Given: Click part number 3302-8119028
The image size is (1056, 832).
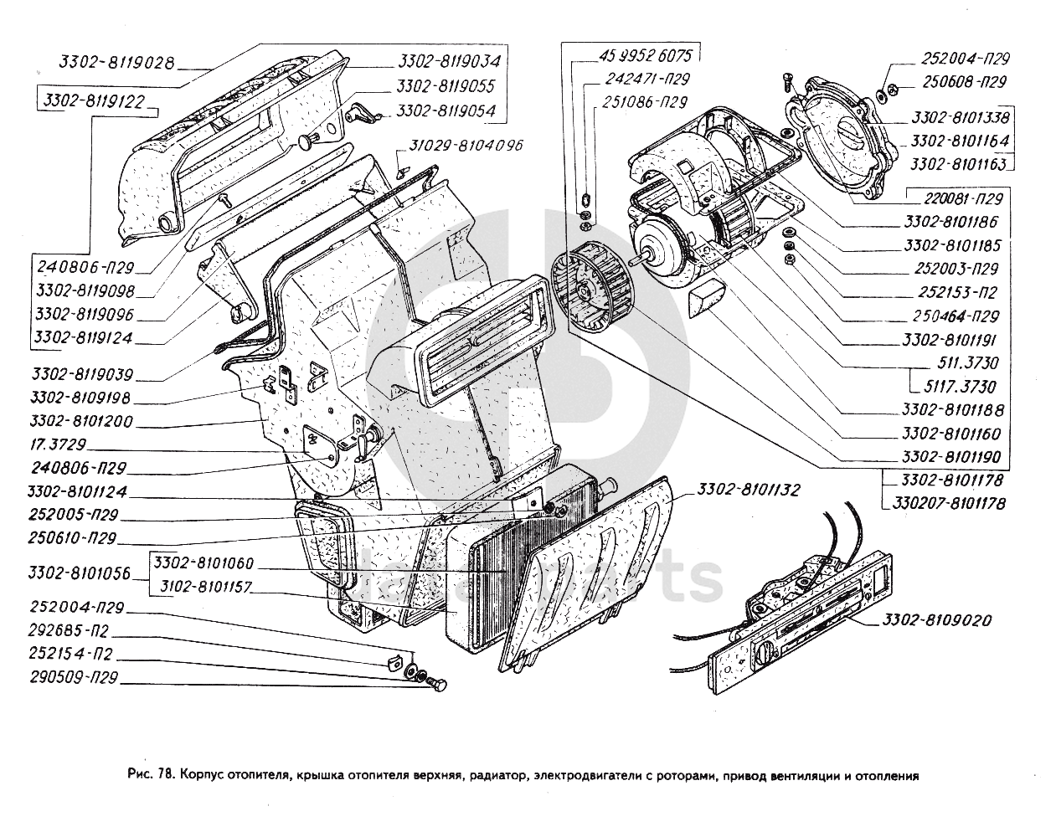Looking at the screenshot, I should coord(116,62).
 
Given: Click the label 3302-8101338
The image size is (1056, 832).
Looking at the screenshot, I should coord(961,117).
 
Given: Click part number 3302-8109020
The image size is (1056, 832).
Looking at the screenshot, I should coord(935,620).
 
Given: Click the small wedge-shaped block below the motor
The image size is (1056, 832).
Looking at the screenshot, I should coord(706,297).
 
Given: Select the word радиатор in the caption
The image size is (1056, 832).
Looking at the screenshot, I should coord(498,775).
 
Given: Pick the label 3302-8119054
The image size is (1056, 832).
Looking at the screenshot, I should coord(446,110).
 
